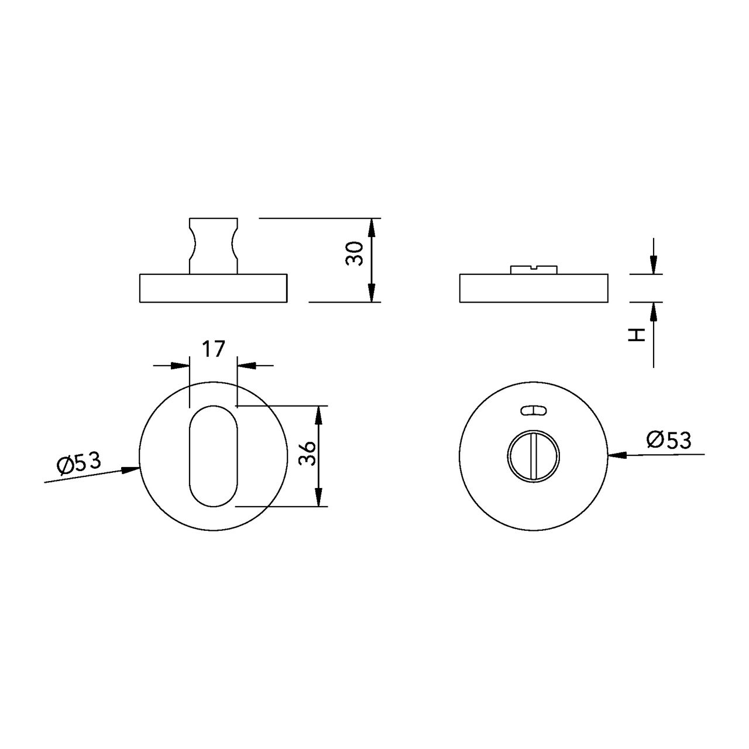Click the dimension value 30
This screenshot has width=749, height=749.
point(355,253)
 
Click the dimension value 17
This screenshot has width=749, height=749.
point(214,349)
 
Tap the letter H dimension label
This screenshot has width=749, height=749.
point(636,335)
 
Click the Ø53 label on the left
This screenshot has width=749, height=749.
point(79,463)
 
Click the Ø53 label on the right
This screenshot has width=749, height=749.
point(669,439)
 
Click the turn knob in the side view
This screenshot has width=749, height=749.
point(214,246)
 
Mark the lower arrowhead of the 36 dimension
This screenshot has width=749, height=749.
point(318,497)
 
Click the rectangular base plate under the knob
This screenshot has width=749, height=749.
point(214,288)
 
